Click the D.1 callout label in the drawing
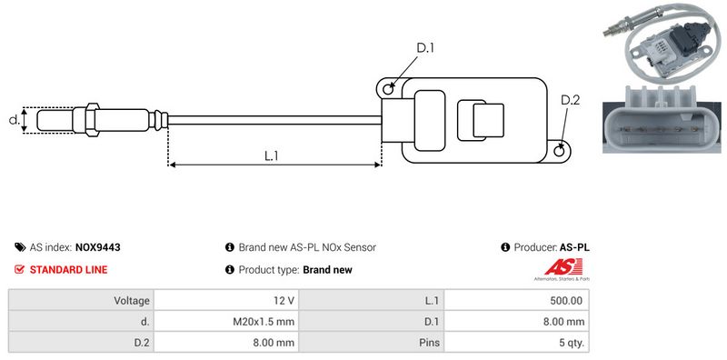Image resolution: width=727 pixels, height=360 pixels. [424, 48]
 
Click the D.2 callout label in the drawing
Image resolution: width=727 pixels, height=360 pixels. [570, 100]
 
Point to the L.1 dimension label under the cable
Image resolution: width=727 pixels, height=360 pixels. [271, 155]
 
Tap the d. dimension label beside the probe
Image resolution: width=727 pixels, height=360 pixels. [15, 120]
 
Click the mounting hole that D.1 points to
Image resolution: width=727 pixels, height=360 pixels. [388, 88]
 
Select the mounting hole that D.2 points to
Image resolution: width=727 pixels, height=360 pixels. [559, 151]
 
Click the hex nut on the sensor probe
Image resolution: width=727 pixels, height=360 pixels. [92, 120]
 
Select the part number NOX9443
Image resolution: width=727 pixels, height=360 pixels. [98, 247]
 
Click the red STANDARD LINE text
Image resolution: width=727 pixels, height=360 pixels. [68, 269]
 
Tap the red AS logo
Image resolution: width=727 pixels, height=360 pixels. [563, 267]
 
